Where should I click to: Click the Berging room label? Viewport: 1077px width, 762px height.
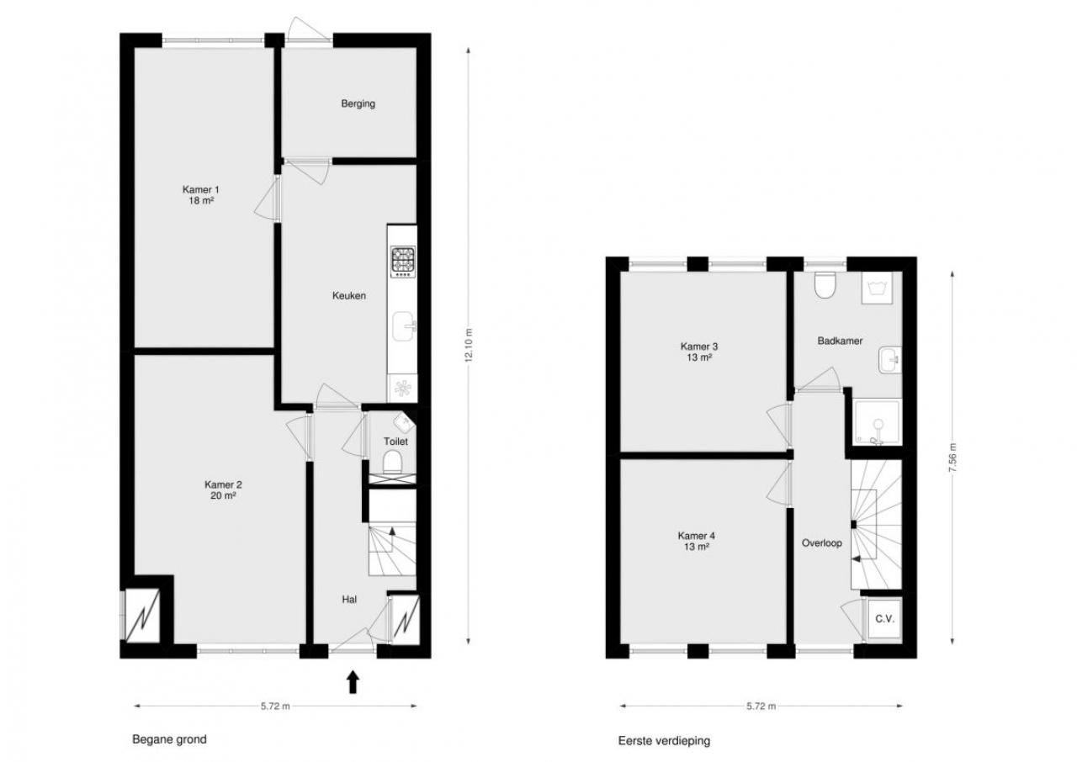pos(358,103)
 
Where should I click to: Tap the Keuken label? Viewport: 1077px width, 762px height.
pos(349,296)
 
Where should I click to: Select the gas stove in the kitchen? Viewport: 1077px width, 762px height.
pos(403,262)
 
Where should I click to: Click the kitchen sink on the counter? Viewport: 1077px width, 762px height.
pos(404,326)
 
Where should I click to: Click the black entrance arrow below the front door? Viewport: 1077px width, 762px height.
pos(353,682)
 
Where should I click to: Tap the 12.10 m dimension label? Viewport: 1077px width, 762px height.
pos(470,346)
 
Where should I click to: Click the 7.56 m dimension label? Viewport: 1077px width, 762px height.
pos(953,456)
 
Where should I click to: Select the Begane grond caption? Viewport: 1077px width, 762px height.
pos(169,739)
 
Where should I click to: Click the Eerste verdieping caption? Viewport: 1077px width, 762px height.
pos(664,741)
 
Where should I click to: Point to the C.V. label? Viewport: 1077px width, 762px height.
pos(884,619)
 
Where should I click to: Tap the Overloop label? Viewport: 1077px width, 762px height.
pos(822,543)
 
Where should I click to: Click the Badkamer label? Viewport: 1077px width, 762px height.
pos(840,341)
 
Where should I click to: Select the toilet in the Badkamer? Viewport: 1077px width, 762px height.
pos(825,285)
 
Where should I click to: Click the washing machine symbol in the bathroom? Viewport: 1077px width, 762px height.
pos(877,288)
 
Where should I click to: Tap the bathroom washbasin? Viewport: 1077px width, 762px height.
pos(890,360)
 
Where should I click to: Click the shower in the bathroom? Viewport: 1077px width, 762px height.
pos(877,421)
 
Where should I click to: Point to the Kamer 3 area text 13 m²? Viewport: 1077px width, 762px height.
pos(699,357)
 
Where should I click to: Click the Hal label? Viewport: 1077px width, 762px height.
pos(349,600)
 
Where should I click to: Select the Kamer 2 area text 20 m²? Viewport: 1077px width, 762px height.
pos(223,496)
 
